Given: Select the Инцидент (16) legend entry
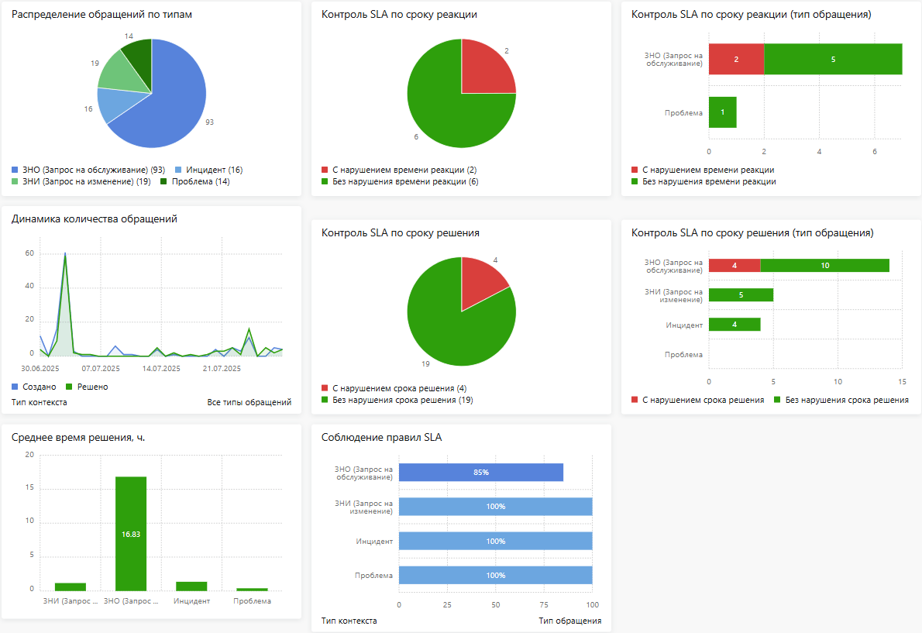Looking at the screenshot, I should [x=208, y=170].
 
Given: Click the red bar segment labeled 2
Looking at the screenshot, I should [x=736, y=59].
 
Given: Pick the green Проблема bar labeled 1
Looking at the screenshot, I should [x=723, y=112].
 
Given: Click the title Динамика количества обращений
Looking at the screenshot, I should [x=95, y=219].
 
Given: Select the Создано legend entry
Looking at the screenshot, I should [x=34, y=387].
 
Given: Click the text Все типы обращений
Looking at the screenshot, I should [x=249, y=402].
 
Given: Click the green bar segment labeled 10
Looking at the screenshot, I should [x=824, y=266].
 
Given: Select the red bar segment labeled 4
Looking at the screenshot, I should [x=735, y=266].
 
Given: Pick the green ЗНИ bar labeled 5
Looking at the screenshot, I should [x=741, y=295].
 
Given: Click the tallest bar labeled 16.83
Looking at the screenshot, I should [x=131, y=533].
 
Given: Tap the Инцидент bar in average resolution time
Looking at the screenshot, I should [x=191, y=587].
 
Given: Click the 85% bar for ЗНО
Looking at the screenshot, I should [x=481, y=473].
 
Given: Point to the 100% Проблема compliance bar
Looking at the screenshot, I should [x=496, y=576].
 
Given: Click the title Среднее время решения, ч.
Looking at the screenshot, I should [x=79, y=438].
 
